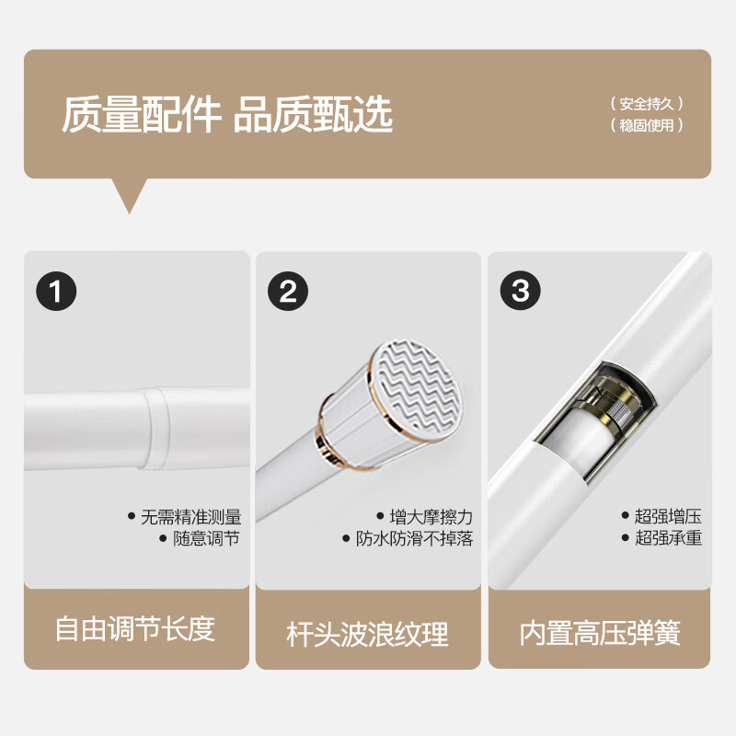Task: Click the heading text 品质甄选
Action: pos(313,115)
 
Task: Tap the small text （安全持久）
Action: pos(647,104)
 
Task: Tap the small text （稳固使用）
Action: pos(647,125)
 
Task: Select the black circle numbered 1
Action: pos(57,292)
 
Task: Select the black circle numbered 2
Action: pos(288,292)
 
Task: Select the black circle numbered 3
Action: pos(521,292)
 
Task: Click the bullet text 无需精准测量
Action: pos(191,517)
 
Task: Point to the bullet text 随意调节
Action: pos(207,539)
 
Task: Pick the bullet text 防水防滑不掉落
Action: pos(414,539)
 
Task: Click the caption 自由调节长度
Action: pos(135,628)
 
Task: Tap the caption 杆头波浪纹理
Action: pos(368,633)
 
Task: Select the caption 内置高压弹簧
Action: pos(600,633)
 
